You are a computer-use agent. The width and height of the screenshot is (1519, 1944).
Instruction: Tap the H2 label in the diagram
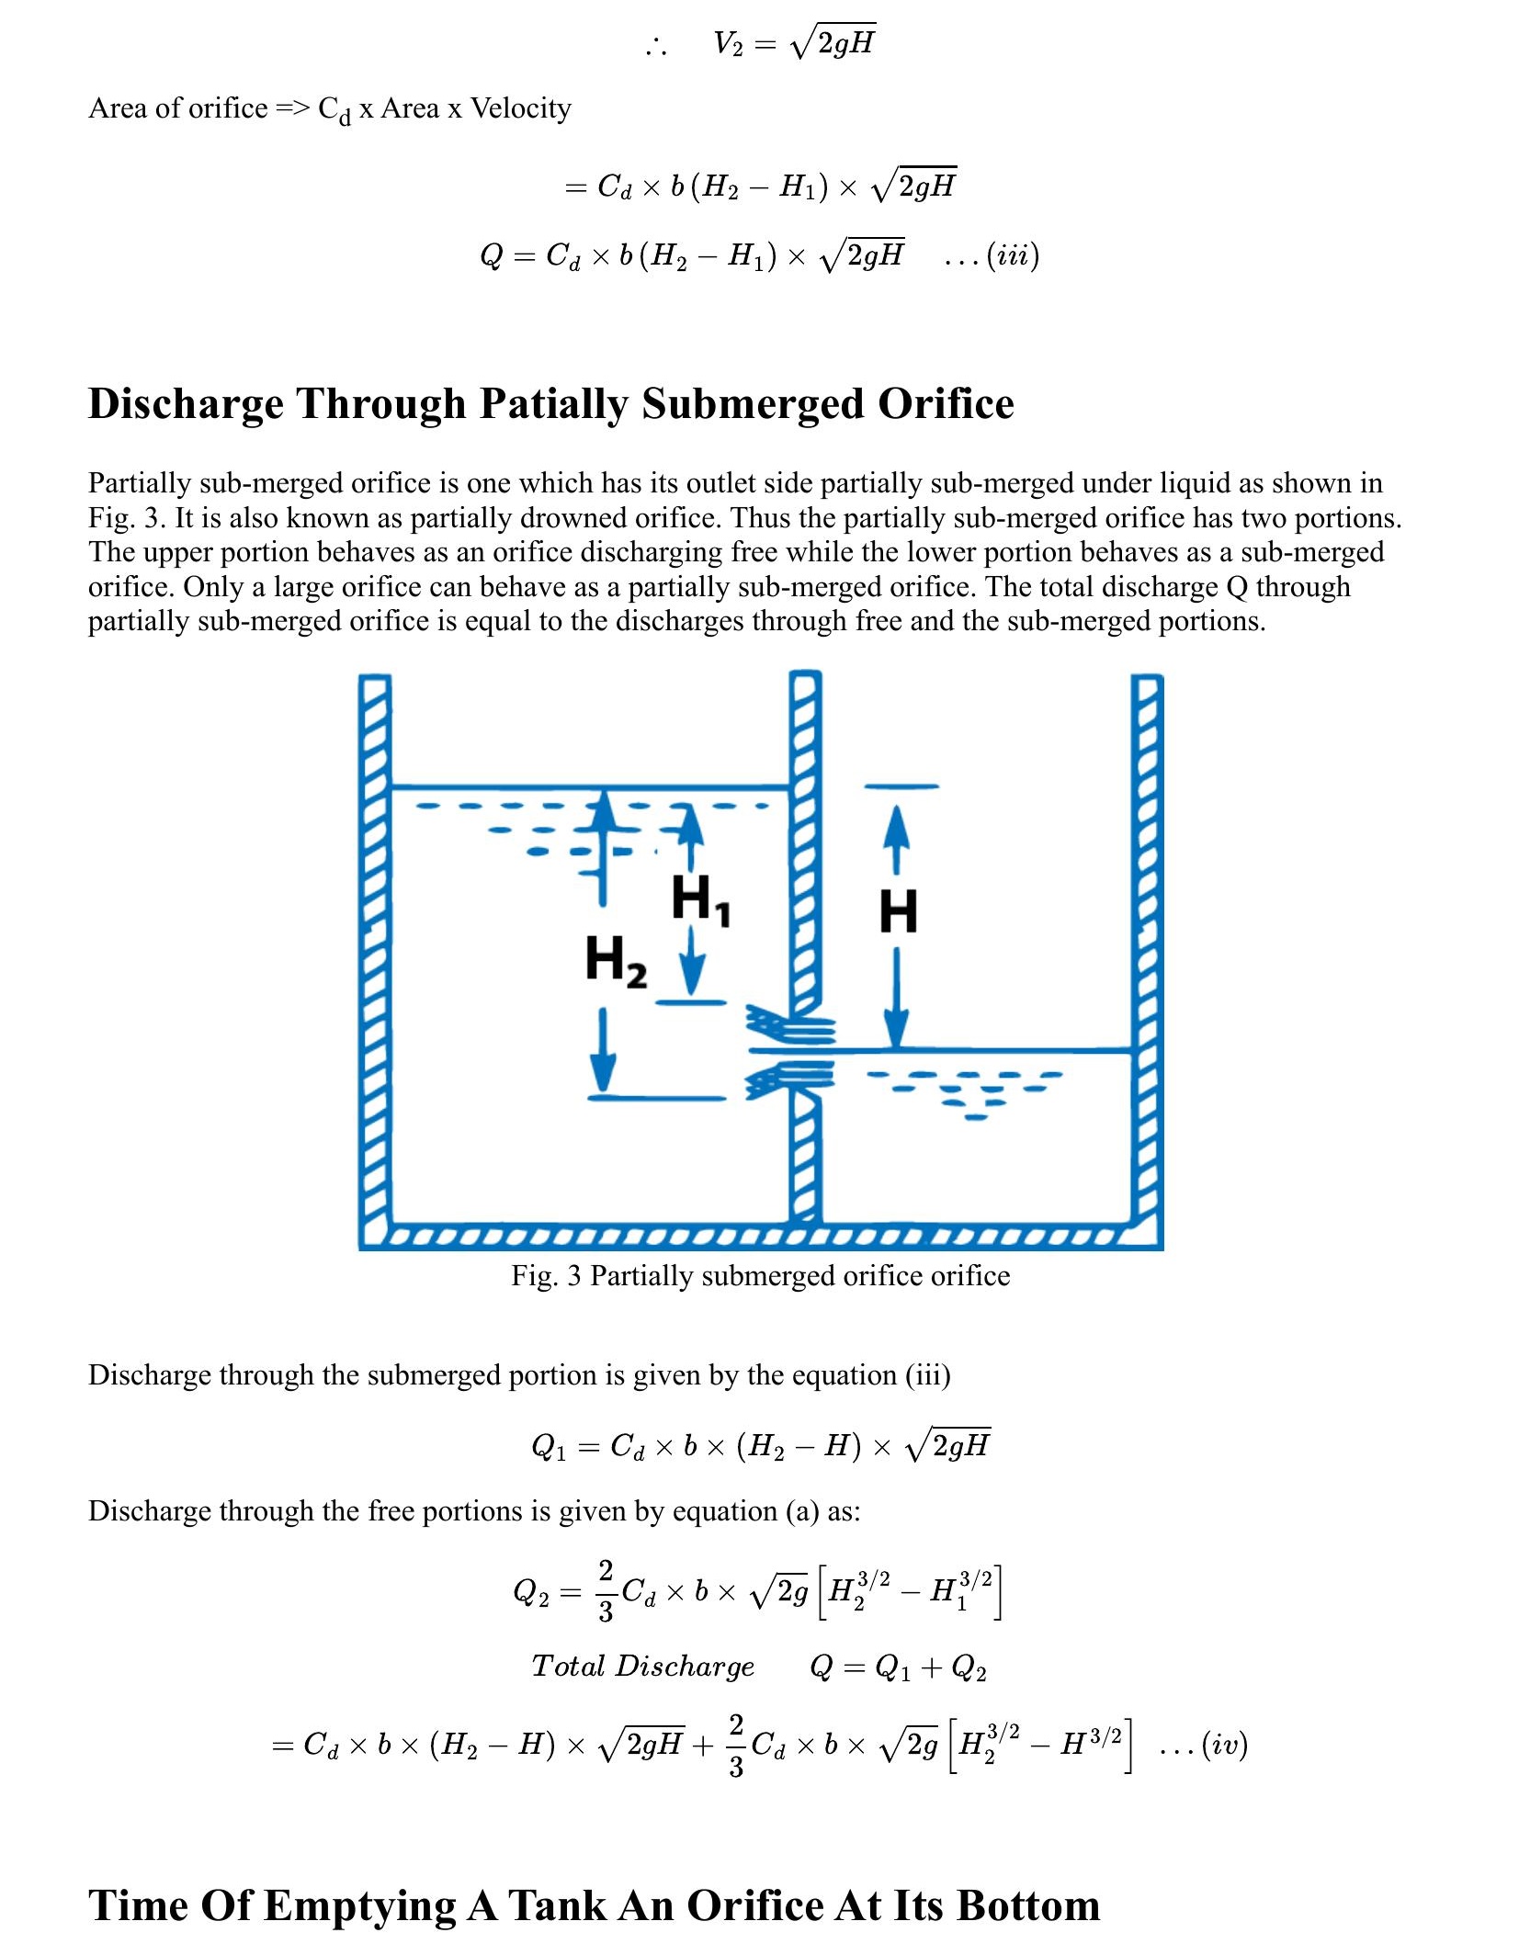[616, 961]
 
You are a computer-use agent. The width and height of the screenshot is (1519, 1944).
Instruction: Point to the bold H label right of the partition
[898, 912]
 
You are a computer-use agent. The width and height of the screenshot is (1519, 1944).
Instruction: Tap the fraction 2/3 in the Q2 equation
[606, 1590]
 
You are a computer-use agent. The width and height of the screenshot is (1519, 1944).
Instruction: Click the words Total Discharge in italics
[642, 1667]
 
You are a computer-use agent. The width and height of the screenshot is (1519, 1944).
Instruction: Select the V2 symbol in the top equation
[728, 43]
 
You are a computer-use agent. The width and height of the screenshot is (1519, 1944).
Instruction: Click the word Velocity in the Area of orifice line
[520, 108]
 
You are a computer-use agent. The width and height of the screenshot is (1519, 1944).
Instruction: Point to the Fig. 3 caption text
[760, 1275]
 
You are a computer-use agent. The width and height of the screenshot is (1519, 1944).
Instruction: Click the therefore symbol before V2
[656, 46]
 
